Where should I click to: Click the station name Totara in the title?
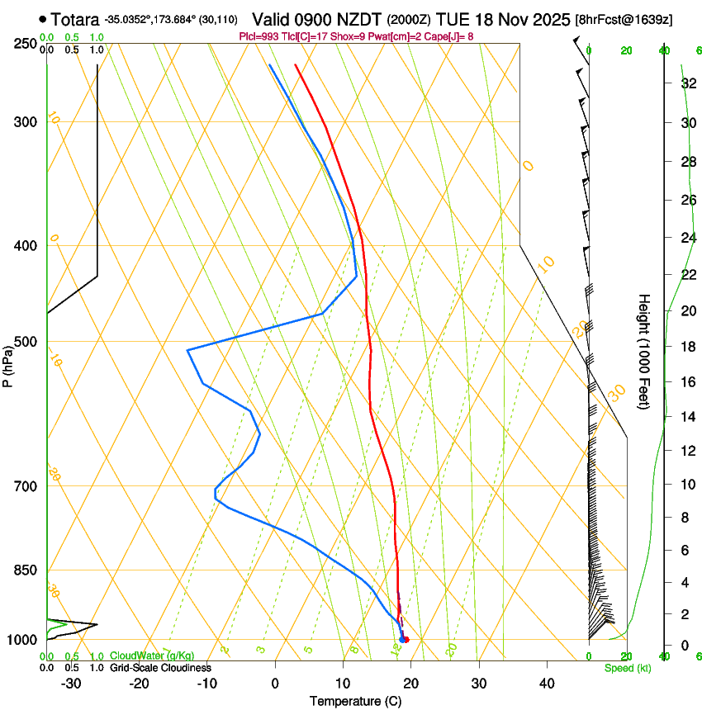pos(76,19)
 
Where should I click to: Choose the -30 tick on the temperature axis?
pos(71,684)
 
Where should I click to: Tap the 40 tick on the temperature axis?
pos(547,684)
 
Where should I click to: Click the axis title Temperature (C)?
pos(355,701)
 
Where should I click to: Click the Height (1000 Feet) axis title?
pos(645,351)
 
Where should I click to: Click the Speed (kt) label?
pos(627,668)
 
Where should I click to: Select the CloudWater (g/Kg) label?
pos(152,656)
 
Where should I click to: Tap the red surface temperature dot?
pos(406,640)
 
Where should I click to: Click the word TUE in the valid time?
pos(453,19)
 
